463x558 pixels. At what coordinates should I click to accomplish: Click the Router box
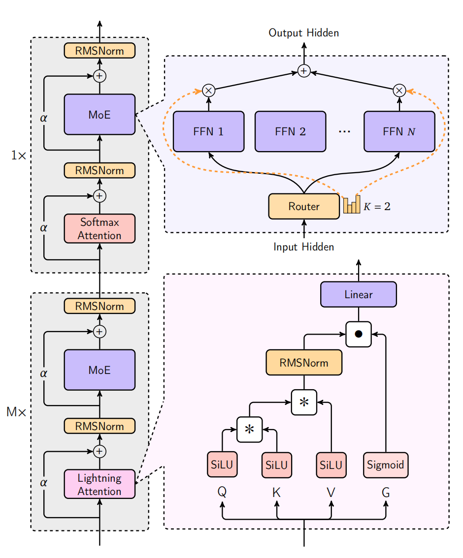pyautogui.click(x=304, y=207)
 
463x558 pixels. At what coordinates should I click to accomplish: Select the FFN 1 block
pyautogui.click(x=208, y=131)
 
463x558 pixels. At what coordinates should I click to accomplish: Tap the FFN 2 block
pyautogui.click(x=290, y=131)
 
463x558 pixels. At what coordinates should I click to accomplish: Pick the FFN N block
pyautogui.click(x=399, y=131)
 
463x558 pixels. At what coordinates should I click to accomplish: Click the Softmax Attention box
pyautogui.click(x=99, y=229)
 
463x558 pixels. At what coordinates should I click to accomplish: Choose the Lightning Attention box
pyautogui.click(x=99, y=484)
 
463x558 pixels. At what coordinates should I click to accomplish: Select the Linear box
pyautogui.click(x=358, y=295)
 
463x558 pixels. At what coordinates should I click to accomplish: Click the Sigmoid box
pyautogui.click(x=386, y=465)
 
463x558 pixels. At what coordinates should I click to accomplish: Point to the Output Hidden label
pyautogui.click(x=303, y=33)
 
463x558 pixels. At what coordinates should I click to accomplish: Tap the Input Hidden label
pyautogui.click(x=303, y=247)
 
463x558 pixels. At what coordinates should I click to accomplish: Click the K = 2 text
pyautogui.click(x=377, y=207)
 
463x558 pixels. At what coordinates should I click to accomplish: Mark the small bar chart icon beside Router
pyautogui.click(x=352, y=205)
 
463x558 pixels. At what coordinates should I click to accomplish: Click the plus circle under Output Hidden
pyautogui.click(x=304, y=71)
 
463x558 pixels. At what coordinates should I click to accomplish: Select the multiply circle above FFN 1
pyautogui.click(x=208, y=91)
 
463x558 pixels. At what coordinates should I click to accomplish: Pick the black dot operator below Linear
pyautogui.click(x=358, y=334)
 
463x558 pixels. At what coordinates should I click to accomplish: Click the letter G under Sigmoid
pyautogui.click(x=386, y=492)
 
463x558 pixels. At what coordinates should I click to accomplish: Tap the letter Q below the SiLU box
pyautogui.click(x=222, y=492)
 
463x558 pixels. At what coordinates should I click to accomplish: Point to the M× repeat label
pyautogui.click(x=16, y=412)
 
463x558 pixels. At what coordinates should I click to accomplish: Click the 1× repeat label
pyautogui.click(x=18, y=155)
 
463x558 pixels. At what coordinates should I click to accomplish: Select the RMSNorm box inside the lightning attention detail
pyautogui.click(x=304, y=363)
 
